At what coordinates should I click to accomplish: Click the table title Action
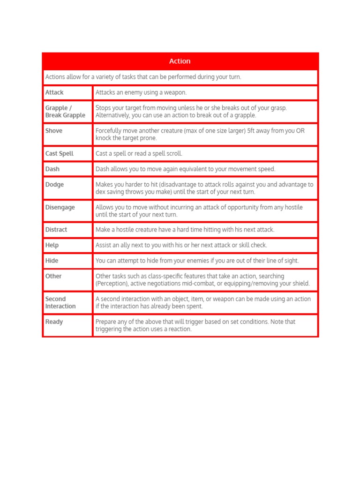click(x=180, y=61)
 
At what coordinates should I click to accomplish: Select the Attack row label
click(x=54, y=92)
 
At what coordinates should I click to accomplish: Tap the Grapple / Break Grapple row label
click(x=65, y=112)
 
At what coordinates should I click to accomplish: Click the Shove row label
click(x=54, y=131)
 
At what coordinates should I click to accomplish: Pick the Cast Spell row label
click(x=59, y=153)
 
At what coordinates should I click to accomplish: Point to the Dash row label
click(x=52, y=169)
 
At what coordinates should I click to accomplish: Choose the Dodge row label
click(x=54, y=184)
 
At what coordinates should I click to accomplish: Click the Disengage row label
click(x=60, y=207)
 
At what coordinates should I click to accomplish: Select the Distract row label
click(x=56, y=230)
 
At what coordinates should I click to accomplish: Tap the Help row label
click(x=52, y=245)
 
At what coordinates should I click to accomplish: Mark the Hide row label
click(x=52, y=261)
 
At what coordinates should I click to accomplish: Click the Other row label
click(x=53, y=276)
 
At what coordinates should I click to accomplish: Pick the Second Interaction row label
click(x=60, y=302)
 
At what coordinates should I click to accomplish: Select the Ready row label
click(x=54, y=322)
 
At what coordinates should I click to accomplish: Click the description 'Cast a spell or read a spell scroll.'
click(x=139, y=153)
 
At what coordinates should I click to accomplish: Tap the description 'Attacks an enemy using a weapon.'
click(x=141, y=92)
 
